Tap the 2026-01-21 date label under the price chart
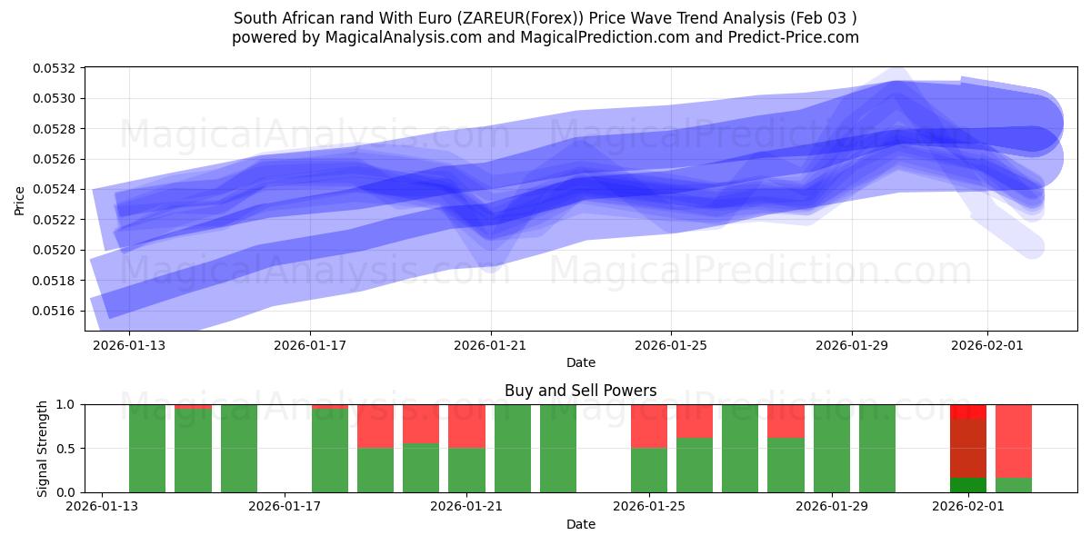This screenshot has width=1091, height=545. click(x=491, y=345)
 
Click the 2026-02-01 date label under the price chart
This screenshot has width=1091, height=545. click(x=987, y=345)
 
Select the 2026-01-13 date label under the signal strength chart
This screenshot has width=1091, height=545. click(x=104, y=507)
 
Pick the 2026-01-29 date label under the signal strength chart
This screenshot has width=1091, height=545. click(x=832, y=507)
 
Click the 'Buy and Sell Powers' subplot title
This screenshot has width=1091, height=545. click(x=581, y=391)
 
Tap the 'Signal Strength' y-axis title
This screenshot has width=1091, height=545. click(x=43, y=448)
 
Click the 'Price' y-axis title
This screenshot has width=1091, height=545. click(x=20, y=200)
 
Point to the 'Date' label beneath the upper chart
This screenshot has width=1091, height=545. click(x=581, y=362)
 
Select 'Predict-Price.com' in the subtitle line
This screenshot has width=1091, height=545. click(x=796, y=37)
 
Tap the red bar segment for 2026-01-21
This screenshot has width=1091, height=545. click(x=467, y=426)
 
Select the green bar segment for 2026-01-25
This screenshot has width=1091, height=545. click(x=649, y=470)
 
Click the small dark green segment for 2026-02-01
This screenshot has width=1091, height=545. click(x=968, y=485)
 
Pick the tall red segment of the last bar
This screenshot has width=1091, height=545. click(x=1014, y=441)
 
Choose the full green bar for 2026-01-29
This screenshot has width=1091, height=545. click(x=832, y=449)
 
